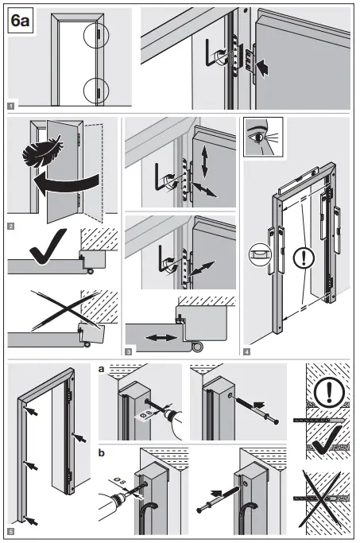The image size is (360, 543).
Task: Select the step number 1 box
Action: click(10, 104)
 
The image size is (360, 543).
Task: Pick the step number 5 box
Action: click(10, 530)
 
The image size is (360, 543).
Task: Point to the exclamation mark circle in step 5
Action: click(328, 394)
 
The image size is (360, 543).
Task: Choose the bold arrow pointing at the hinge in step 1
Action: click(270, 70)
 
